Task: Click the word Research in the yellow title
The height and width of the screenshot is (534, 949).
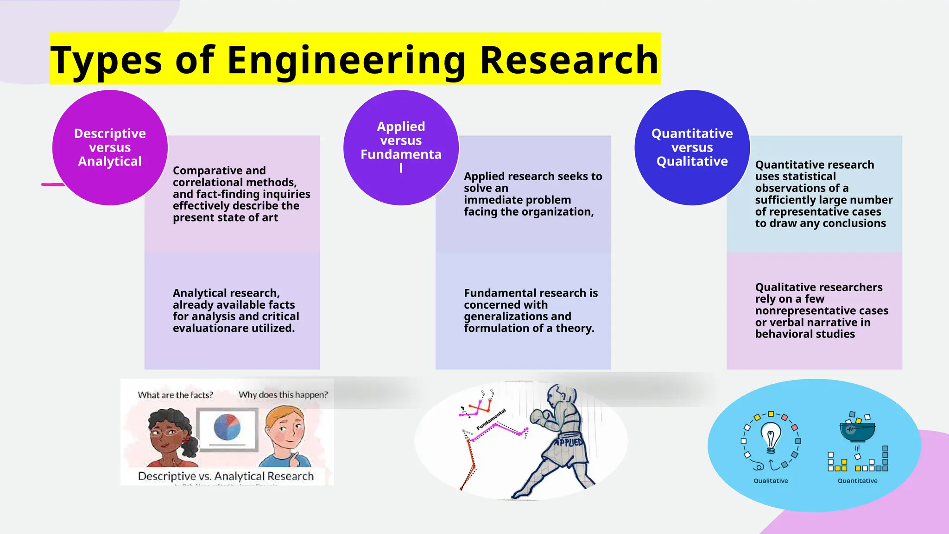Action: point(569,60)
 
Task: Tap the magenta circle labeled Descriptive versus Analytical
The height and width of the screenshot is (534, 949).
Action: point(110,147)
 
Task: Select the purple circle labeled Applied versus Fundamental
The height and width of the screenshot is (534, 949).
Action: point(401,147)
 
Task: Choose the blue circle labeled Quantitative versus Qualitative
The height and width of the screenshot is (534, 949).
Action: point(692,147)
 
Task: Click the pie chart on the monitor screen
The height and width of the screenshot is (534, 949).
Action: point(227,427)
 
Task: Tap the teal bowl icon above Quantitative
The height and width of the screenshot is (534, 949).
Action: point(857,431)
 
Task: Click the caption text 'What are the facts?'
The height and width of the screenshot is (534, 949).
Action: point(175,395)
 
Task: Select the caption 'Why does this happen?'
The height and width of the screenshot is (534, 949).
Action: point(283,395)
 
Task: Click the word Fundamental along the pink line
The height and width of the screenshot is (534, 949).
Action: point(491,420)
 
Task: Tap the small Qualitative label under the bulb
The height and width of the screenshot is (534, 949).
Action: point(771,481)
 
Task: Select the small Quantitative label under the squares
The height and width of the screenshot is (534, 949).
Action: point(857,481)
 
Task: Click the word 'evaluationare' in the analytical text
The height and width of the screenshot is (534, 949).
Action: point(209,328)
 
